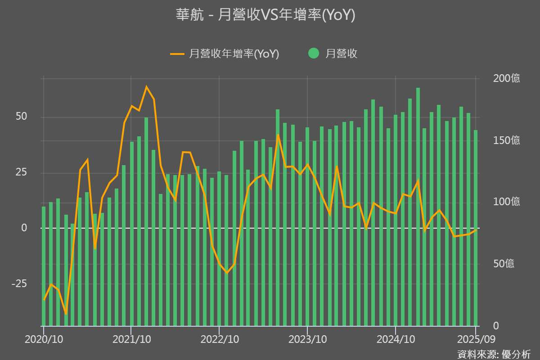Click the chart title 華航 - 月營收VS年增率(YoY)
(265, 15)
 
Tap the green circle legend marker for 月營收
(314, 54)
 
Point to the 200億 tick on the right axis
(506, 78)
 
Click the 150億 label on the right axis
(506, 140)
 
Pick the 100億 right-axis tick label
(506, 202)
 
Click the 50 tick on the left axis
(22, 117)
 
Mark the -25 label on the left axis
(19, 283)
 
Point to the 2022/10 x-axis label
(219, 338)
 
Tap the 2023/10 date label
(307, 338)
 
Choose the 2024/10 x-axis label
(395, 338)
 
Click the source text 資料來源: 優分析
(494, 354)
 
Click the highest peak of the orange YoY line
(146, 87)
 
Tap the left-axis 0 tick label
(25, 228)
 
